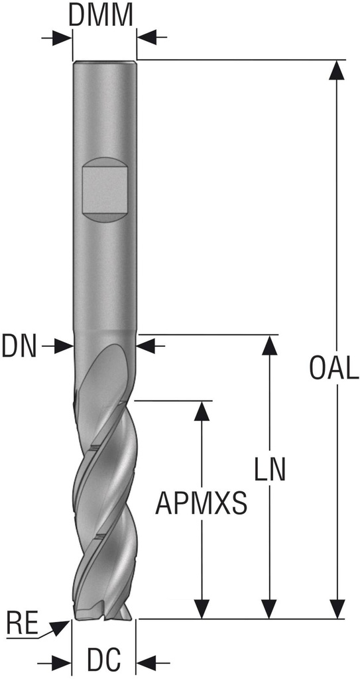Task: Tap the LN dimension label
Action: (270, 469)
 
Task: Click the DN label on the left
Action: (20, 345)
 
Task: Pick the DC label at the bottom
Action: (103, 661)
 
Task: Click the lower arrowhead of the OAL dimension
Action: (339, 608)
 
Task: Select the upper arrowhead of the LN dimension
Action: (270, 346)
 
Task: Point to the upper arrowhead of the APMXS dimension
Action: (202, 412)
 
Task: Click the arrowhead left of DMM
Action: (63, 38)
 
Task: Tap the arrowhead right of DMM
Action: (147, 38)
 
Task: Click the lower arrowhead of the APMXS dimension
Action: (202, 608)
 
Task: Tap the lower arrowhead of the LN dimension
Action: (270, 608)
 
